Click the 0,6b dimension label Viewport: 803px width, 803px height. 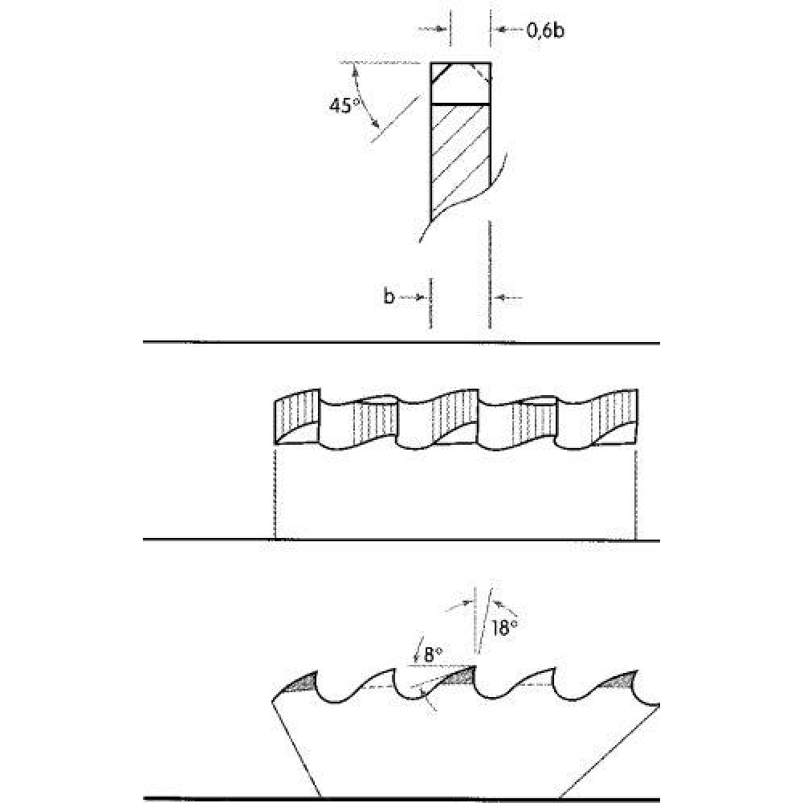545,31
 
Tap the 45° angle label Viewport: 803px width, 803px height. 343,105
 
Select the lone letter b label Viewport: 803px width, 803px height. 389,296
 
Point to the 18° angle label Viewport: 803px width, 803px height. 504,628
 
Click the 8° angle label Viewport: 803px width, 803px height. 434,654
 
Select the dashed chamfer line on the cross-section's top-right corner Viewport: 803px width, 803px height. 480,73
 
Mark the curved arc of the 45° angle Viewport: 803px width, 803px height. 362,97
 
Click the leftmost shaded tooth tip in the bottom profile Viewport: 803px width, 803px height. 301,683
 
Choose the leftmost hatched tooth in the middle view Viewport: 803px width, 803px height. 297,417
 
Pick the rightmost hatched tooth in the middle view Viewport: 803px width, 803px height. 614,415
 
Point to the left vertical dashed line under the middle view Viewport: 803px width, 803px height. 275,494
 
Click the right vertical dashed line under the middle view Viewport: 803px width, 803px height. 635,494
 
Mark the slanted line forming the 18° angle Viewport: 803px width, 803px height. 485,621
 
